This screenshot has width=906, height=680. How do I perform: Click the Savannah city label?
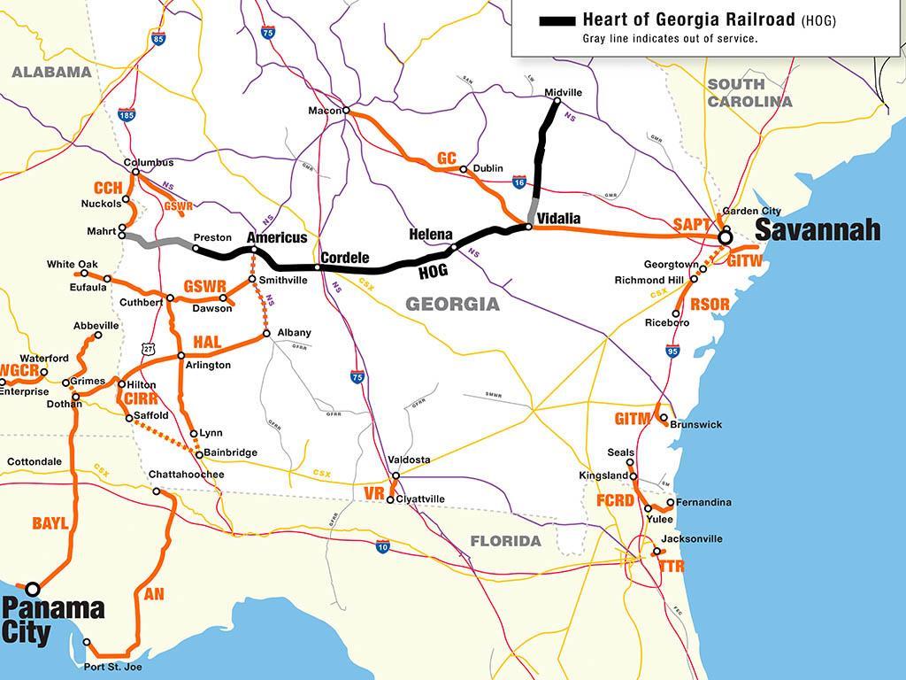coord(818,230)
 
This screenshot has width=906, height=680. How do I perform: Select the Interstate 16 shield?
coord(520,181)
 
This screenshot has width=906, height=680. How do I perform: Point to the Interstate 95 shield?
coord(673,351)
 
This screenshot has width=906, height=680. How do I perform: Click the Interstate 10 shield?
coord(382,547)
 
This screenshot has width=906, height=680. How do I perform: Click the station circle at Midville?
coord(557,102)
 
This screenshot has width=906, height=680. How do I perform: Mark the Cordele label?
coord(344,258)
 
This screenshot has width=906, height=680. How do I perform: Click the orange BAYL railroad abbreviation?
coord(50,524)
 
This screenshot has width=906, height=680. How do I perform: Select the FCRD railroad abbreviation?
coord(615,500)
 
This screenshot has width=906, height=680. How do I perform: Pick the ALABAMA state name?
coord(51,72)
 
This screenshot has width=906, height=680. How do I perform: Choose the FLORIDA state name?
coord(505,541)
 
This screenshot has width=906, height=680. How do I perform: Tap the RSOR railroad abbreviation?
coord(710,305)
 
